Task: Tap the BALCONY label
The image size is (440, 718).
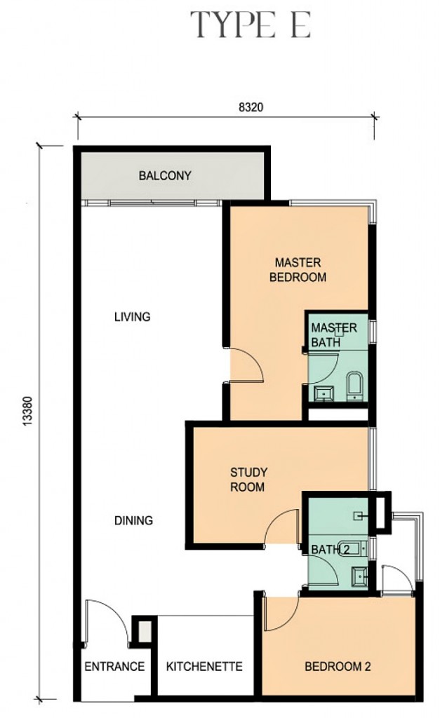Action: click(x=165, y=175)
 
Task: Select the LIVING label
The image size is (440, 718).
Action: click(x=132, y=317)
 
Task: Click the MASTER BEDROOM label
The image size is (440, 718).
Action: click(x=298, y=270)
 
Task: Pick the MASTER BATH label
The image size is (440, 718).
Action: click(x=333, y=335)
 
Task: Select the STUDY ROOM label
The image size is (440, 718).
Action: click(x=248, y=479)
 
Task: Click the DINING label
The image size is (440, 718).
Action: click(x=133, y=520)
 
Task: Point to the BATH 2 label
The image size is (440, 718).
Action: click(x=330, y=549)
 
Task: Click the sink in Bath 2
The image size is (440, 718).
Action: click(x=358, y=576)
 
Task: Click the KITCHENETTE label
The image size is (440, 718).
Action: click(x=204, y=666)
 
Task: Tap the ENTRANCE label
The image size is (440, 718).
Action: click(x=114, y=666)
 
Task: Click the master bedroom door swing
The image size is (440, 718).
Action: click(x=247, y=366)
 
